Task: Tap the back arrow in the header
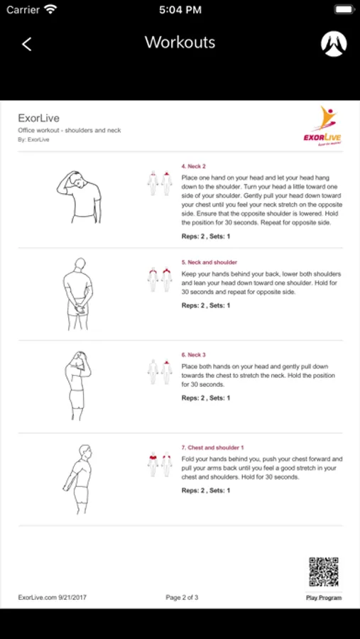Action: click(x=26, y=44)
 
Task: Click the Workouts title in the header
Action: click(x=180, y=43)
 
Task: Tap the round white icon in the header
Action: click(x=334, y=44)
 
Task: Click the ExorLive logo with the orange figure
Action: click(x=322, y=126)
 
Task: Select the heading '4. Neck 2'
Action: click(x=193, y=166)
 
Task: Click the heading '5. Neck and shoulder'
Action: click(x=209, y=263)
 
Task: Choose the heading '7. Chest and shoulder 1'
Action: click(x=212, y=447)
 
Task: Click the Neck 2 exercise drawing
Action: click(x=79, y=197)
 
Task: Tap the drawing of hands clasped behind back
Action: click(x=78, y=294)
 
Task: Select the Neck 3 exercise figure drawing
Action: click(x=77, y=386)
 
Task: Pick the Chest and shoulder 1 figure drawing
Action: click(x=78, y=479)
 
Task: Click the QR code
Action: click(x=324, y=572)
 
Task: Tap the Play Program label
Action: click(x=324, y=598)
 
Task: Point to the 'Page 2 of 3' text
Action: click(x=182, y=597)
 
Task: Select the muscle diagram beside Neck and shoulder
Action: click(x=160, y=280)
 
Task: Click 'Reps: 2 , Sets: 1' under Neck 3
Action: click(x=205, y=398)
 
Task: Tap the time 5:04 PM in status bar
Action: click(x=180, y=10)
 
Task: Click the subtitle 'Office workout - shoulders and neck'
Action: click(x=70, y=131)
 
